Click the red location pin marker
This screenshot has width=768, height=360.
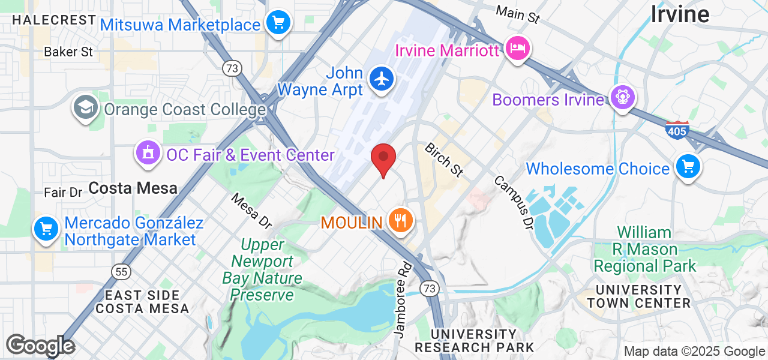pos(383,158)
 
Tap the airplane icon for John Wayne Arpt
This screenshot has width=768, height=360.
pos(381,79)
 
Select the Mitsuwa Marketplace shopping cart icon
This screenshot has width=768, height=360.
pos(278,23)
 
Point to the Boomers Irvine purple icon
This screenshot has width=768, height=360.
pos(622,97)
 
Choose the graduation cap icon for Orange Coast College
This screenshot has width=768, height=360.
pos(86,108)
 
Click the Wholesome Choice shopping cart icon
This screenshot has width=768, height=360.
pos(688,166)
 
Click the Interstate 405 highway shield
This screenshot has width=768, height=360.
pos(677,130)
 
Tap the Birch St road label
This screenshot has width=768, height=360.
pos(445,160)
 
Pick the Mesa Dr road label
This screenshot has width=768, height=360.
pos(251,210)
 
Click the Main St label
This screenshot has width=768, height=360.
pos(518,14)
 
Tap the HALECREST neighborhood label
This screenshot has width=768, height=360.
pos(54,20)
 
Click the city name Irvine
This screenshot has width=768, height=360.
pos(680,13)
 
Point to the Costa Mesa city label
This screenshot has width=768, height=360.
pos(133,188)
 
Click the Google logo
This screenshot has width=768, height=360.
pos(40,346)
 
